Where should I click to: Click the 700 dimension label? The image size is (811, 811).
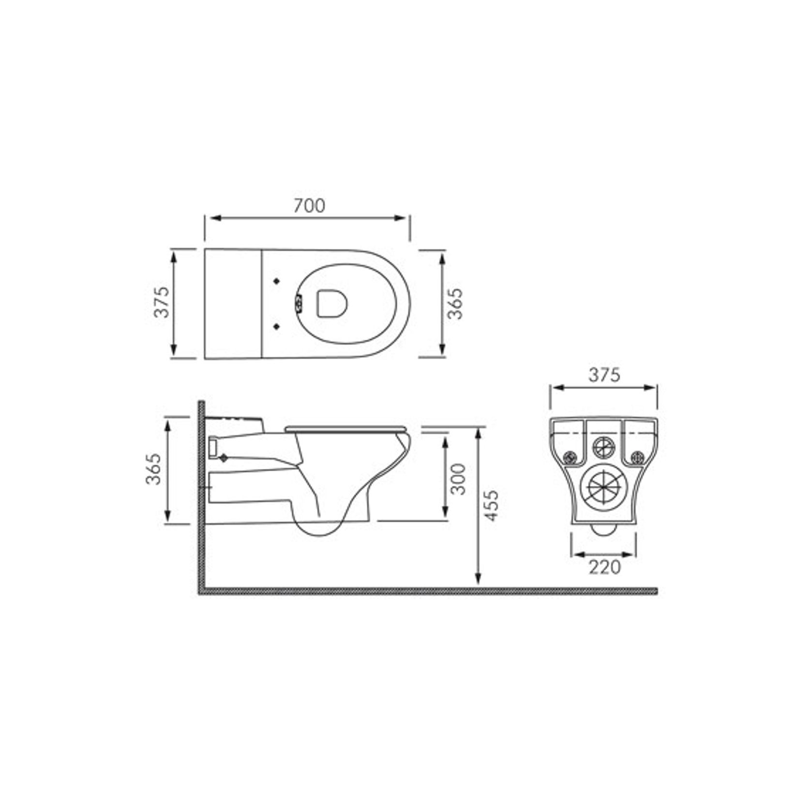310,206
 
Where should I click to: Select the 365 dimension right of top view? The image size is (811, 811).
455,304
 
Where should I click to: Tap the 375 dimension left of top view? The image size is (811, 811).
162,302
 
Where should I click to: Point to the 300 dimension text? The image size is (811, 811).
458,479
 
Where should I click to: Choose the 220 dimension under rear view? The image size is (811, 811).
604,567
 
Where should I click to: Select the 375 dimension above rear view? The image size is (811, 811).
604,375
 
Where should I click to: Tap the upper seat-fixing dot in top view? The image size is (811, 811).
277,281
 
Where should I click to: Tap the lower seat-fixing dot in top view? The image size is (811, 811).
277,327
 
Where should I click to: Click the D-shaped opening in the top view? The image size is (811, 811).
333,303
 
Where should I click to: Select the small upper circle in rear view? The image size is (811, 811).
603,446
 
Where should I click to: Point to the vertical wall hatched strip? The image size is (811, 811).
202,498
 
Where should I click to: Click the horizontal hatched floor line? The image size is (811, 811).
426,591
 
